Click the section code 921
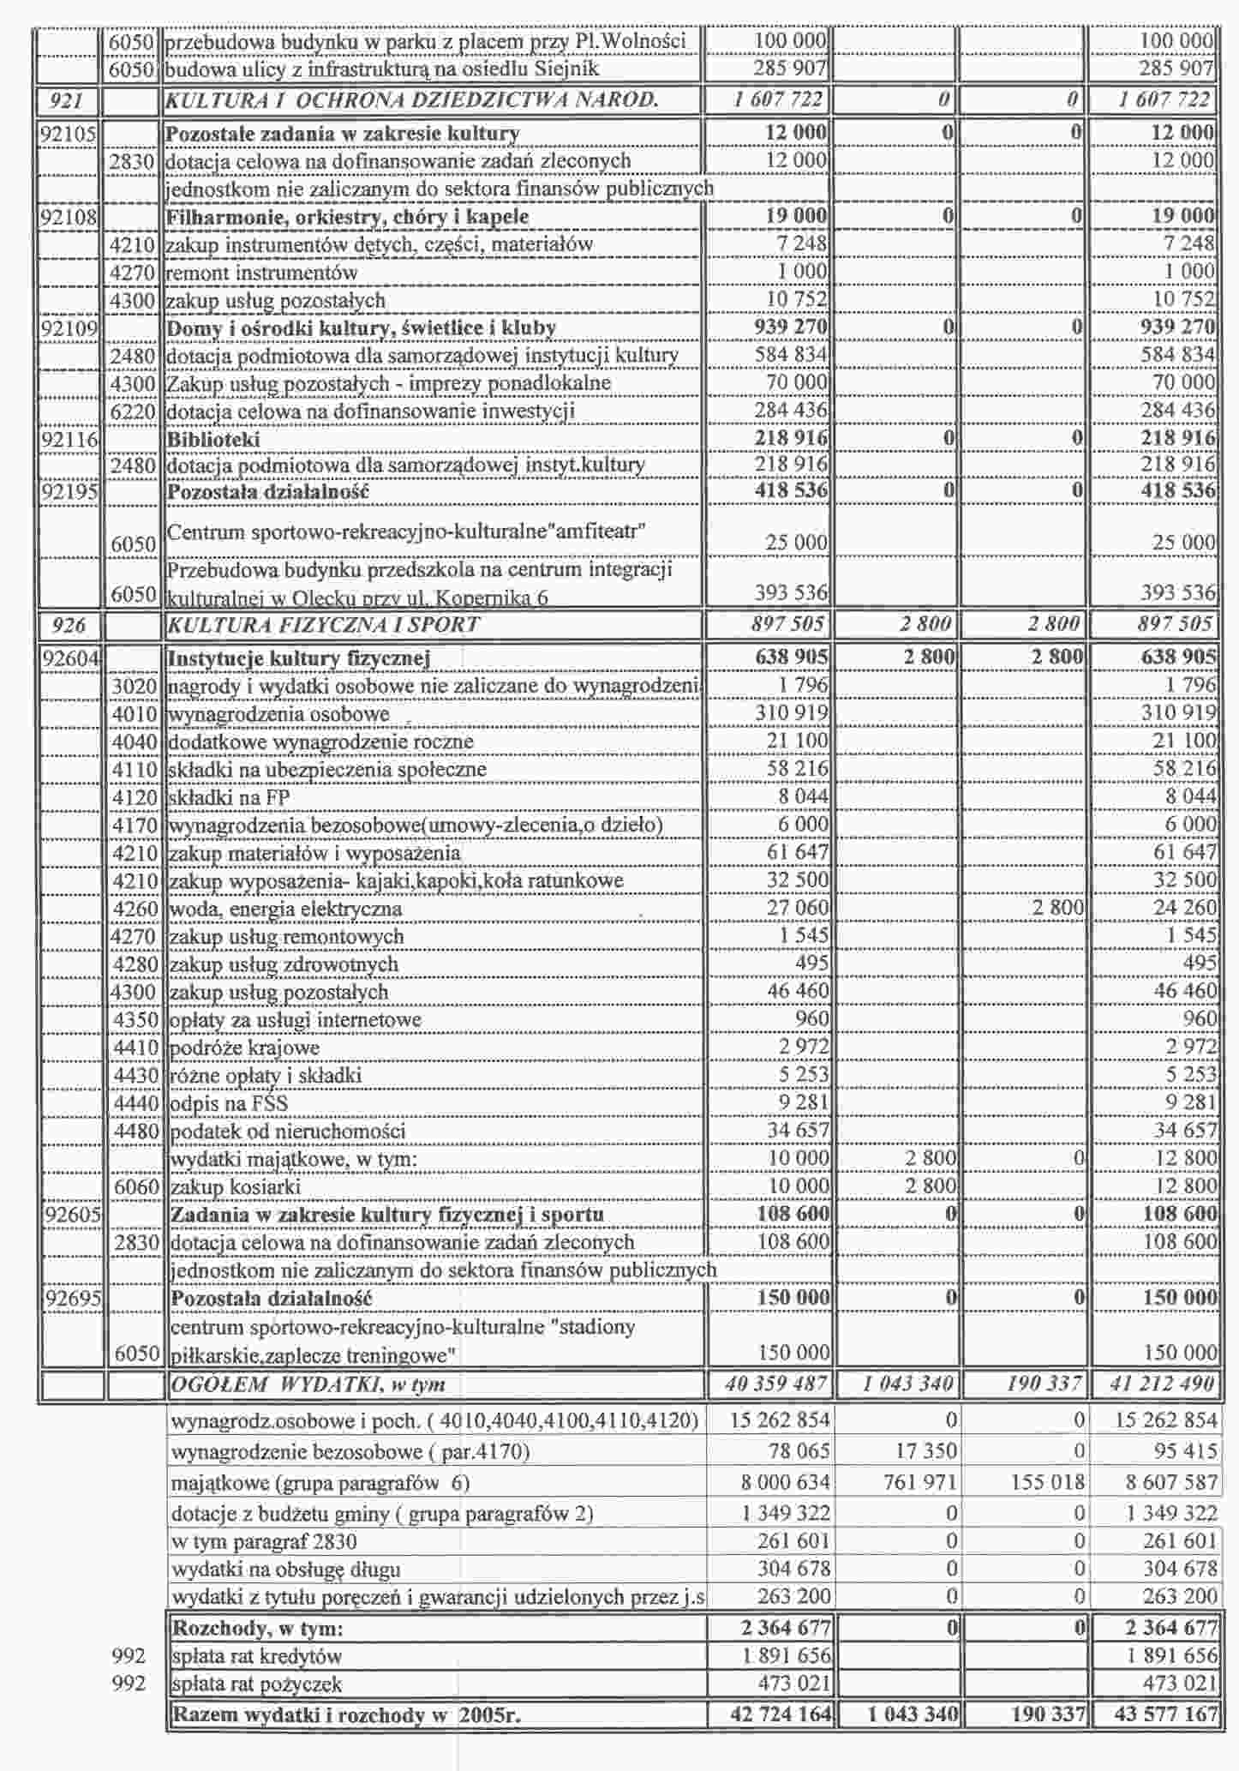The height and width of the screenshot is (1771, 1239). click(67, 101)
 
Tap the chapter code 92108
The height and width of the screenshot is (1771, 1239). click(69, 217)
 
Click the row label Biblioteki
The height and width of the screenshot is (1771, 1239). click(213, 440)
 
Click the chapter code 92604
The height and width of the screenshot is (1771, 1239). click(72, 658)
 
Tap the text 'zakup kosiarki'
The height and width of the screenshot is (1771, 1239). click(235, 1187)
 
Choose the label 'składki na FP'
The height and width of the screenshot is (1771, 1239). click(230, 797)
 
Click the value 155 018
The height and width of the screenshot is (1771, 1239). click(1047, 1482)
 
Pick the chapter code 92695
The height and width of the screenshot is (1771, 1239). click(72, 1298)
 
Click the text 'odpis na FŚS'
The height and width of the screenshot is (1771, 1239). click(229, 1103)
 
